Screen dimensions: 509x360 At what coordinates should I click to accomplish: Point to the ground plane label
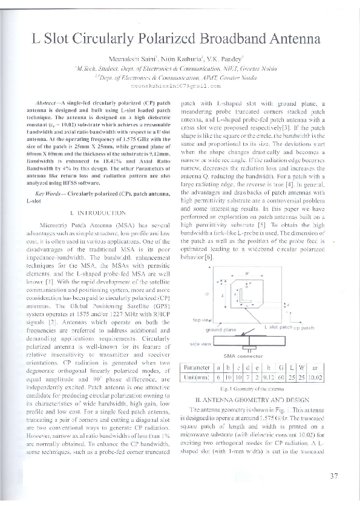(x=221, y=330)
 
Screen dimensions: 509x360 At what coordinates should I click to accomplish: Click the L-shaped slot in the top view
(x=246, y=298)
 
